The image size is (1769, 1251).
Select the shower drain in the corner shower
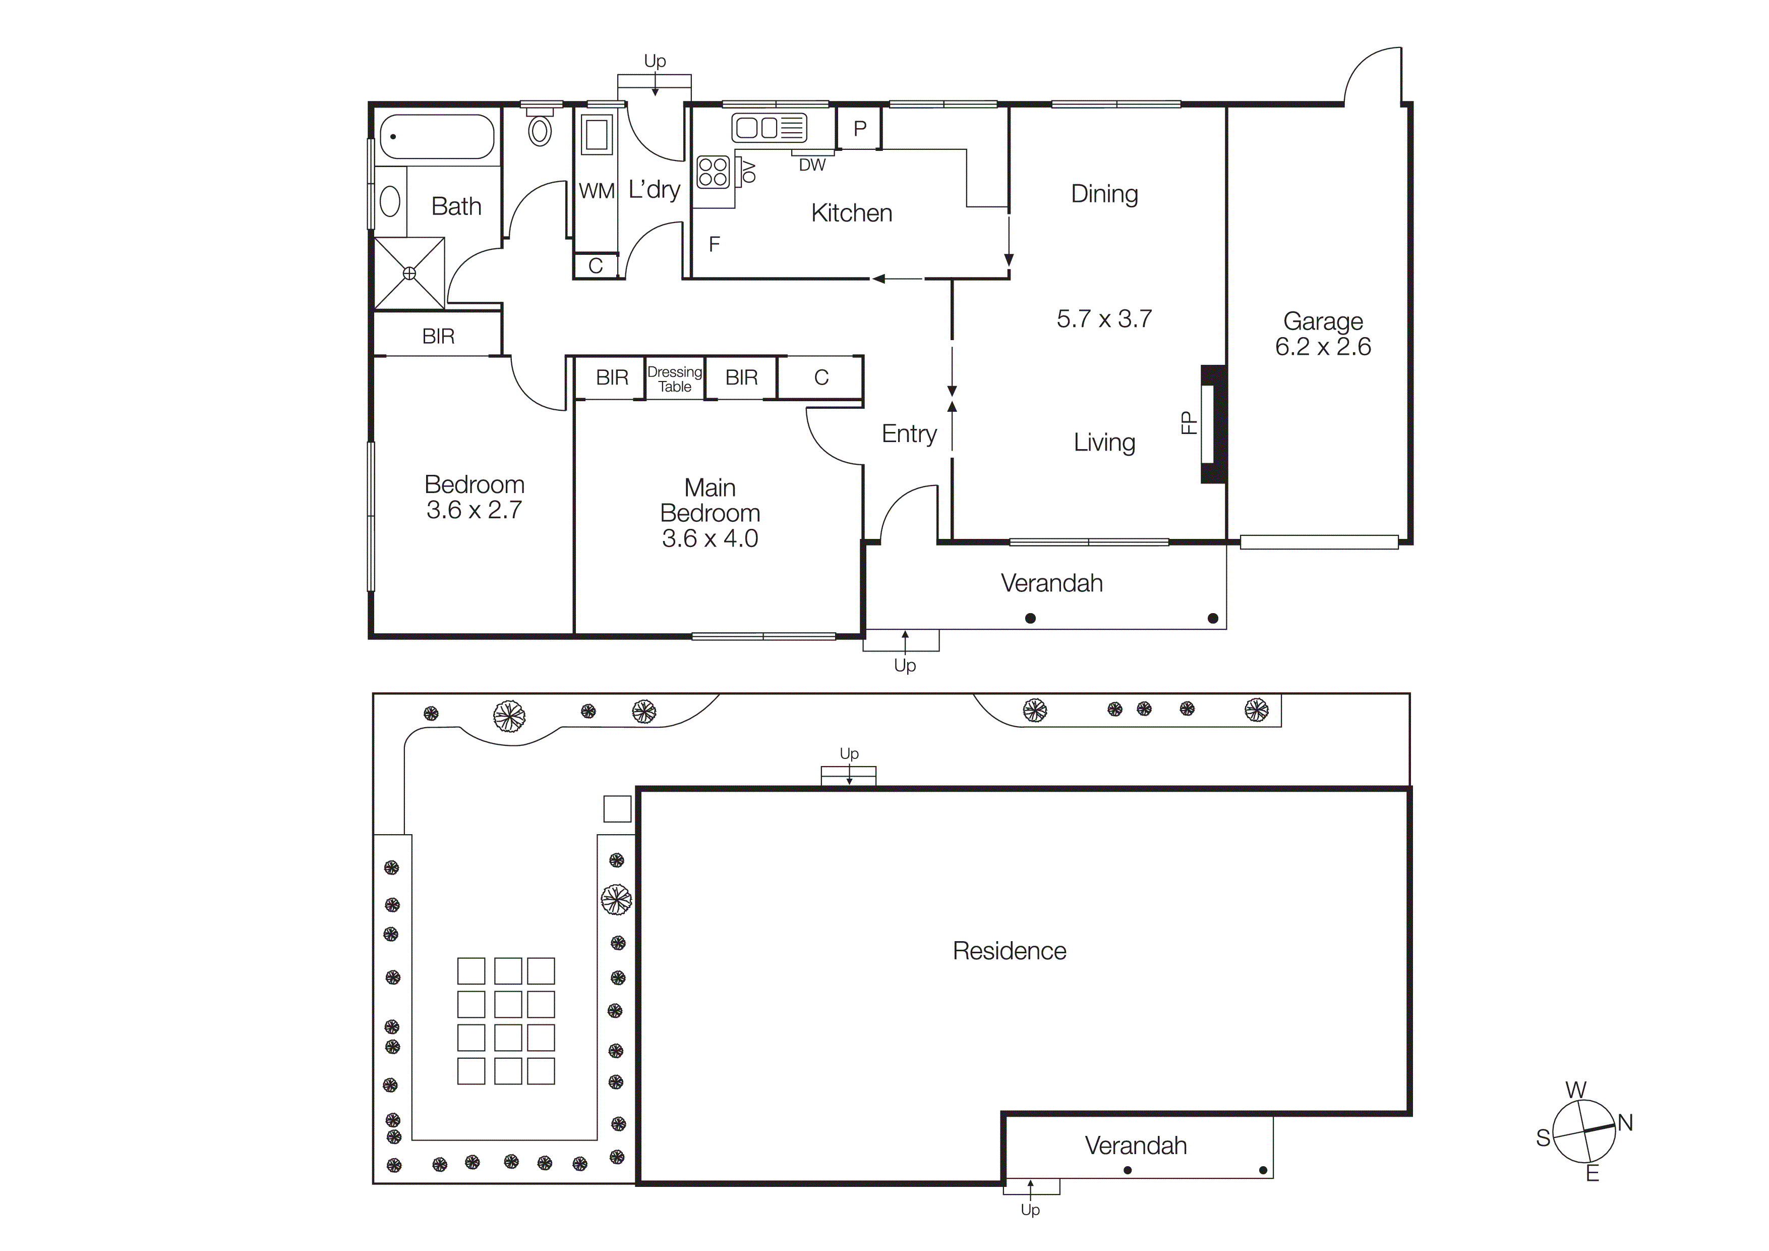point(409,273)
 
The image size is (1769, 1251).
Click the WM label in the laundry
point(597,191)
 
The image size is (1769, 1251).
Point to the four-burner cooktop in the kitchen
point(713,172)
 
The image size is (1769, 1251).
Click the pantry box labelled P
point(860,128)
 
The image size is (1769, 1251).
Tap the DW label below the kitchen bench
point(812,165)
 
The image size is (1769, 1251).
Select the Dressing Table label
point(675,379)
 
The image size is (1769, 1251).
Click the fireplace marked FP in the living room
point(1210,423)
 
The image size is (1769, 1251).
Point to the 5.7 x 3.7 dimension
point(1103,319)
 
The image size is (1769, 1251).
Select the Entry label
point(909,434)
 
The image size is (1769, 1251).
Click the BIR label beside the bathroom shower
point(438,336)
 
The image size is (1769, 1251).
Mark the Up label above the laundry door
point(655,61)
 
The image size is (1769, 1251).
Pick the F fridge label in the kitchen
point(714,244)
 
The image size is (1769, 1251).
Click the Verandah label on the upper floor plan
point(1052,583)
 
